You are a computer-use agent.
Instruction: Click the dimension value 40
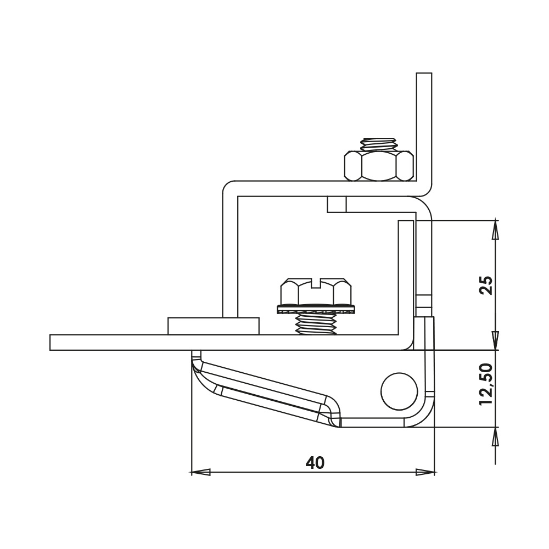tap(315, 463)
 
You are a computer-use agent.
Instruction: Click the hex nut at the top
tap(379, 165)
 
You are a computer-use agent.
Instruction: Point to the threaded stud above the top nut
tap(379, 144)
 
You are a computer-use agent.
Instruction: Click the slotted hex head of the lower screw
tap(315, 290)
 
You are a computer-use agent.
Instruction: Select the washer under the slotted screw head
tap(315, 310)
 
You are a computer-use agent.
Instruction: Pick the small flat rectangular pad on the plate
tap(213, 326)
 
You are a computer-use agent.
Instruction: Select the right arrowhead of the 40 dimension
tap(425, 472)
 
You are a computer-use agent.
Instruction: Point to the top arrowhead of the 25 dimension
tap(496, 229)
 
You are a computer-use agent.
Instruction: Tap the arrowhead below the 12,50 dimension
tap(496, 437)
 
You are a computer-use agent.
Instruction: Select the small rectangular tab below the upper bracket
tap(337, 204)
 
